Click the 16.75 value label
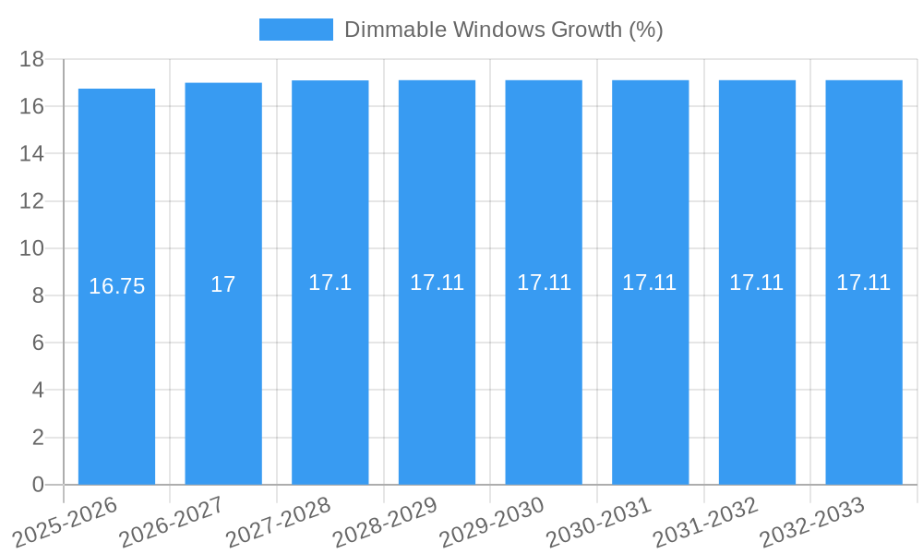coord(116,286)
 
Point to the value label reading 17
coord(223,284)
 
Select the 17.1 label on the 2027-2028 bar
coord(330,283)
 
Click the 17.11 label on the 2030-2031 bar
coord(649,283)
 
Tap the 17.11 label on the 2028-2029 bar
coord(437,283)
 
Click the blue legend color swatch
coord(295,30)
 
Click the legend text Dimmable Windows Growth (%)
coord(503,30)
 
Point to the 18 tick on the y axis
coord(32,59)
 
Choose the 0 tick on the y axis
coord(38,485)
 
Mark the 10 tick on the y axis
coord(32,248)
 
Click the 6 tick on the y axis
coord(38,343)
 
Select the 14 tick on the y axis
coord(32,153)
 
